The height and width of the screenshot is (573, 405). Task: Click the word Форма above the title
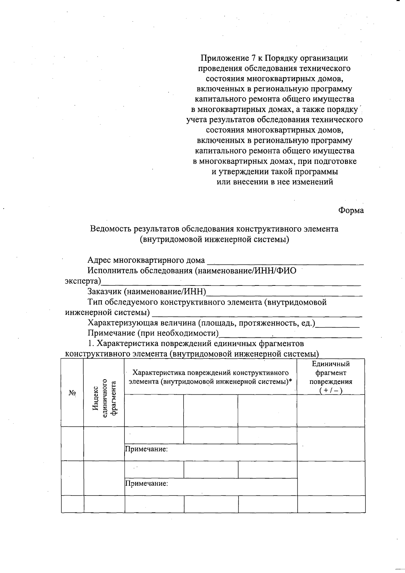tap(351, 210)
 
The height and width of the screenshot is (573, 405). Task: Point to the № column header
tap(72, 393)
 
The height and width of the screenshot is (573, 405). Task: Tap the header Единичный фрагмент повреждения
tap(331, 373)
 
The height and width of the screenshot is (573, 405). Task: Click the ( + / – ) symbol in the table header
tap(331, 391)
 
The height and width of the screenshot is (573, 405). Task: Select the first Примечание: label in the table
tap(146, 449)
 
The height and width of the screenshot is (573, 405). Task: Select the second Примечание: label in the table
tap(146, 484)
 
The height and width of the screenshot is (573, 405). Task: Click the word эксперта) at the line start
tap(83, 281)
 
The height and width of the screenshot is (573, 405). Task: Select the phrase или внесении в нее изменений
tap(274, 182)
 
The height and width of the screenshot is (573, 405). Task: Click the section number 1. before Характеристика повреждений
tap(90, 343)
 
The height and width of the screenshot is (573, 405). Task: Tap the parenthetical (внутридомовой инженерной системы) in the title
tap(215, 239)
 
